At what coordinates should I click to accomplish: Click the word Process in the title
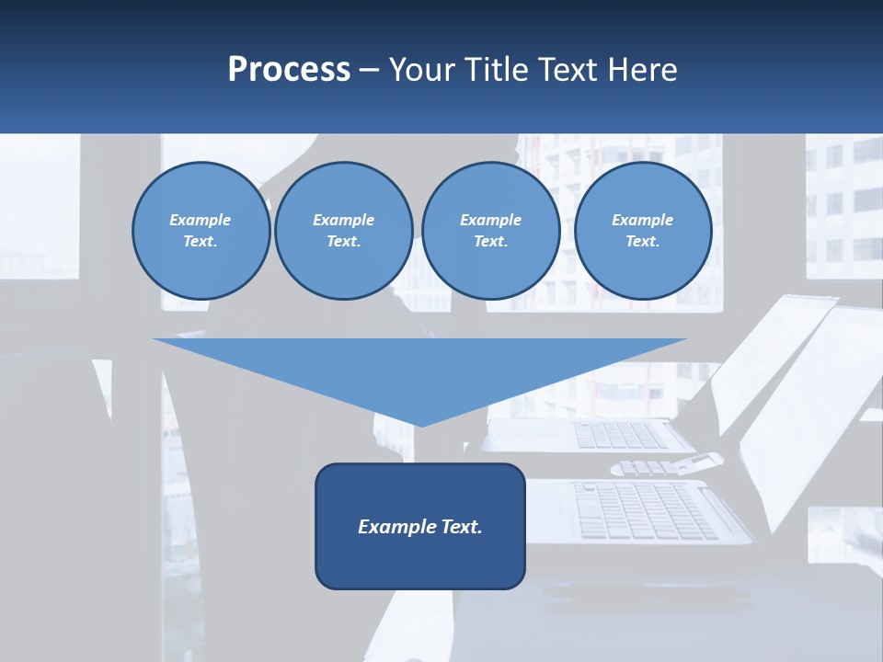[289, 70]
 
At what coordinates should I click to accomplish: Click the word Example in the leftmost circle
[201, 220]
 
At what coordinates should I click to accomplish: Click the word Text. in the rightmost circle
[643, 242]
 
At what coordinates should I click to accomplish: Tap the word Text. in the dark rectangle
[462, 527]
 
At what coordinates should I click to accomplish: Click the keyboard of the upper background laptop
[621, 435]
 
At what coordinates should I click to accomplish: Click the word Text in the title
[569, 70]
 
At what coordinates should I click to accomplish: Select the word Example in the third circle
[490, 220]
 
